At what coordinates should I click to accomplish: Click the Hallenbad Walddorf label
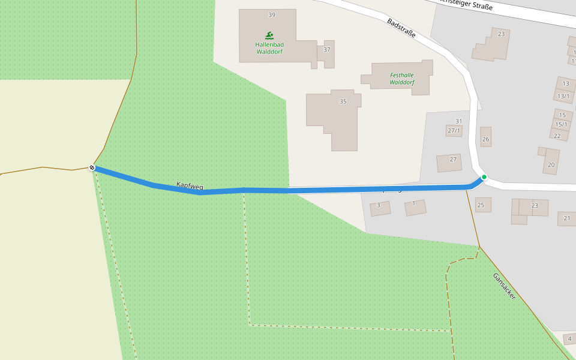coord(269,48)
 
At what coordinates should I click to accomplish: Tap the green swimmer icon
coord(269,35)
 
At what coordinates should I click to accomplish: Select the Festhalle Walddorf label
coord(401,79)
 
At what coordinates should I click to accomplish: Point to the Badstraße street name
coord(401,28)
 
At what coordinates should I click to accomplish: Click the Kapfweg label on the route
coord(190,186)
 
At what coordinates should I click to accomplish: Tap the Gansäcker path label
coord(504,286)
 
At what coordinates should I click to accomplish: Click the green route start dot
coord(484,177)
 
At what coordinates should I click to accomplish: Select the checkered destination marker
coord(92,167)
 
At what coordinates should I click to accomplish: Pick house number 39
coord(272,15)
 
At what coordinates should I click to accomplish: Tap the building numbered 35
coord(343,101)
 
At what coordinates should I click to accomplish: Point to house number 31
coord(459,121)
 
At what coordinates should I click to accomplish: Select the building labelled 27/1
coord(454,130)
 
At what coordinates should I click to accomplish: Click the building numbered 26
coord(485,139)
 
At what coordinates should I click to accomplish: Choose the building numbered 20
coord(551,164)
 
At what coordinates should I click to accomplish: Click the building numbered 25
coord(481,205)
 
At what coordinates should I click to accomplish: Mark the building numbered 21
coord(567,218)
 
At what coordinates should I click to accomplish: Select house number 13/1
coord(563,96)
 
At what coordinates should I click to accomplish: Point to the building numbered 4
coord(569,339)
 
